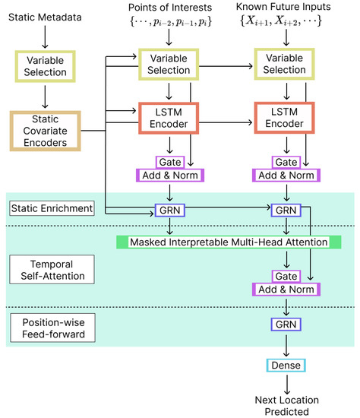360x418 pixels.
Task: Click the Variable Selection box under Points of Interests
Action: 168,64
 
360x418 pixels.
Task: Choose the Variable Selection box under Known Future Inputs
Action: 286,64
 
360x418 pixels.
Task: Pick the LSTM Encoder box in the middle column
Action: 168,120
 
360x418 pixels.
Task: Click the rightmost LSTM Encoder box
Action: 286,120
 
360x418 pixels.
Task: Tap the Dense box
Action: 286,366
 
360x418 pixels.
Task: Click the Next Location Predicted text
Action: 286,405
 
